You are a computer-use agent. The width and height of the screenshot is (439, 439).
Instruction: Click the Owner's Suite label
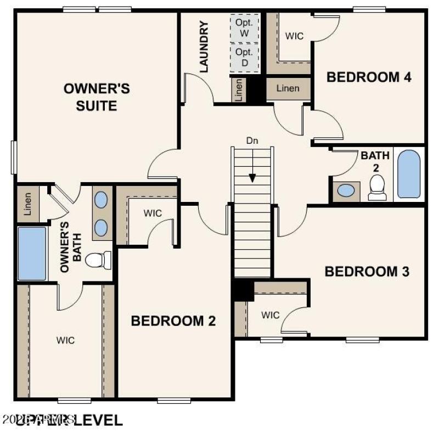97,97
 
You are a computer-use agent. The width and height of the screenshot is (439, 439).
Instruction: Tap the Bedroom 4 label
369,77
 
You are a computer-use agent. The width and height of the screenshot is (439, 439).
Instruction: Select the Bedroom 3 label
367,271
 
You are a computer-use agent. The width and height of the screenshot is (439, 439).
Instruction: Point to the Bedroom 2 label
173,321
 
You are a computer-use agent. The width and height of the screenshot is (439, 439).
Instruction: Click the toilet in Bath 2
377,188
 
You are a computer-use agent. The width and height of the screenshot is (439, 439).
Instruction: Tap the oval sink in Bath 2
346,190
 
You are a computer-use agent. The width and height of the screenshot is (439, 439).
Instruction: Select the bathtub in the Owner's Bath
32,254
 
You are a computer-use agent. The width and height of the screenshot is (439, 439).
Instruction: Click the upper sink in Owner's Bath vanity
101,200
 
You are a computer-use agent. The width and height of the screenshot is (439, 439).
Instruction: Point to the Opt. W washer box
244,27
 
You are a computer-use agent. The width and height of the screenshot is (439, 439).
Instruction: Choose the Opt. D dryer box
244,57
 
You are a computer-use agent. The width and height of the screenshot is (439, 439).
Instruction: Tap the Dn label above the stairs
252,140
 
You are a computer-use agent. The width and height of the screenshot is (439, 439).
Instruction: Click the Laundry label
204,47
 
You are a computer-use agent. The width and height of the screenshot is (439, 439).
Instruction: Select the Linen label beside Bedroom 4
288,88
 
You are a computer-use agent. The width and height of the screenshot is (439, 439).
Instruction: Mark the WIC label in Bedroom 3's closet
271,315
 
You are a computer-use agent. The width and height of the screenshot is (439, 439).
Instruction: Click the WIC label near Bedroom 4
295,36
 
